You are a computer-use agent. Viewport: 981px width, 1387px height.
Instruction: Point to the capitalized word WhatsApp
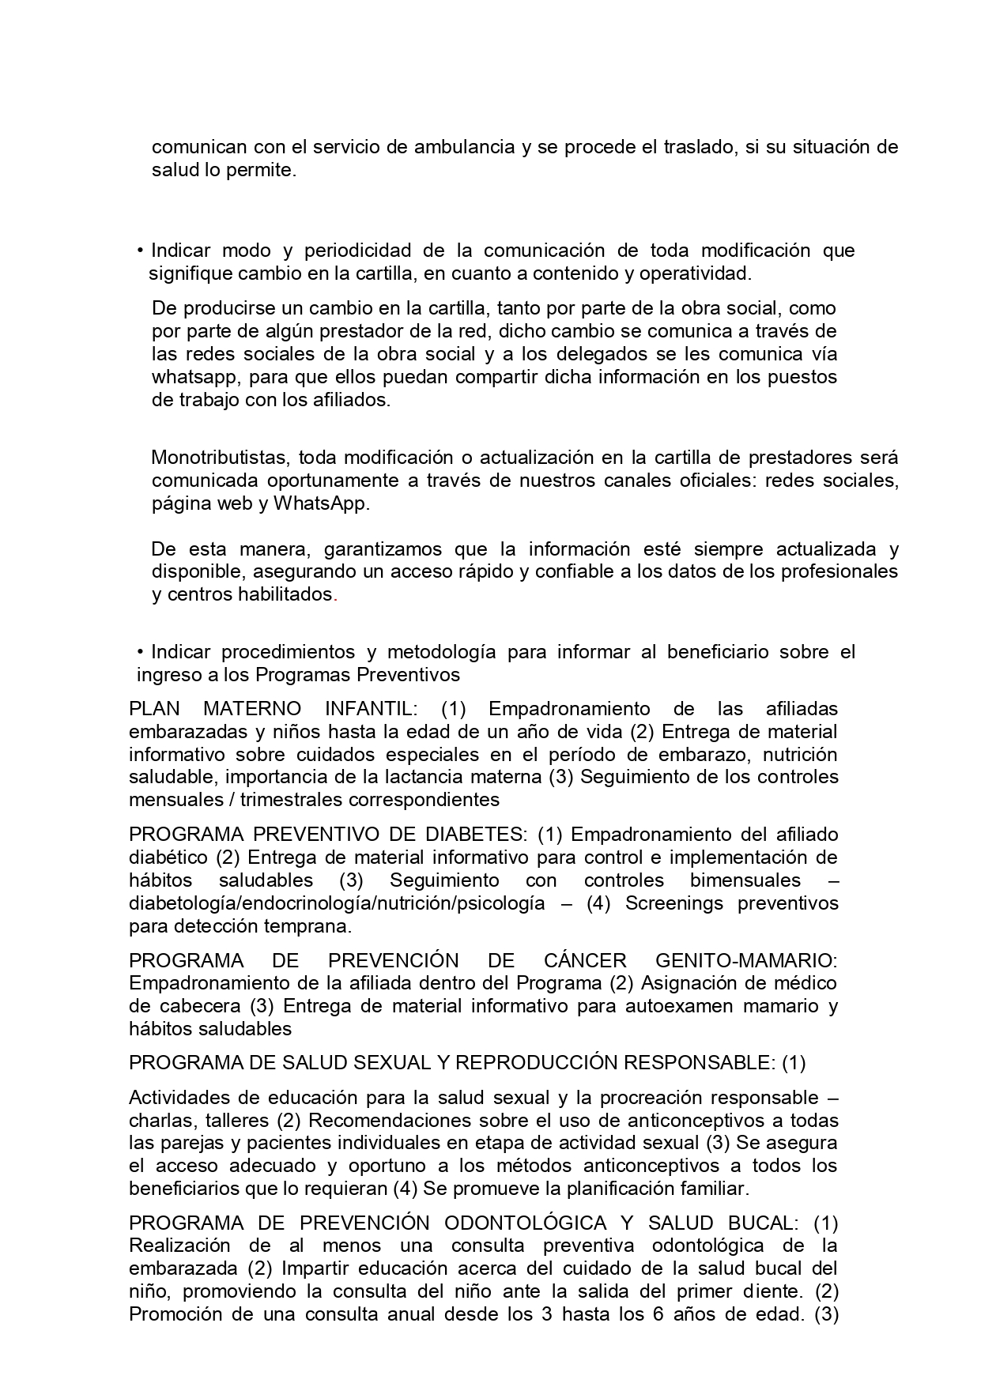point(321,504)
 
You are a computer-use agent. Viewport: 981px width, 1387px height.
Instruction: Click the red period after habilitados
point(336,595)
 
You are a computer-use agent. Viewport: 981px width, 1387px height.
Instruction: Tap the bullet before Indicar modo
point(140,251)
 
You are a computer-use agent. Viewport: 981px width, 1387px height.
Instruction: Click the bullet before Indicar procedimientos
point(140,653)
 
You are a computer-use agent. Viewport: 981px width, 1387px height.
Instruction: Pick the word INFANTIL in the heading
point(371,709)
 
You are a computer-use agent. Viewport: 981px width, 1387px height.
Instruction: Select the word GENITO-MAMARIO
point(746,962)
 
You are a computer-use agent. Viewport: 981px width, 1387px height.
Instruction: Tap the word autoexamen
point(659,1007)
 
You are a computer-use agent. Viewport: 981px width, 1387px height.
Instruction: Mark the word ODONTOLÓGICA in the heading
point(525,1224)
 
